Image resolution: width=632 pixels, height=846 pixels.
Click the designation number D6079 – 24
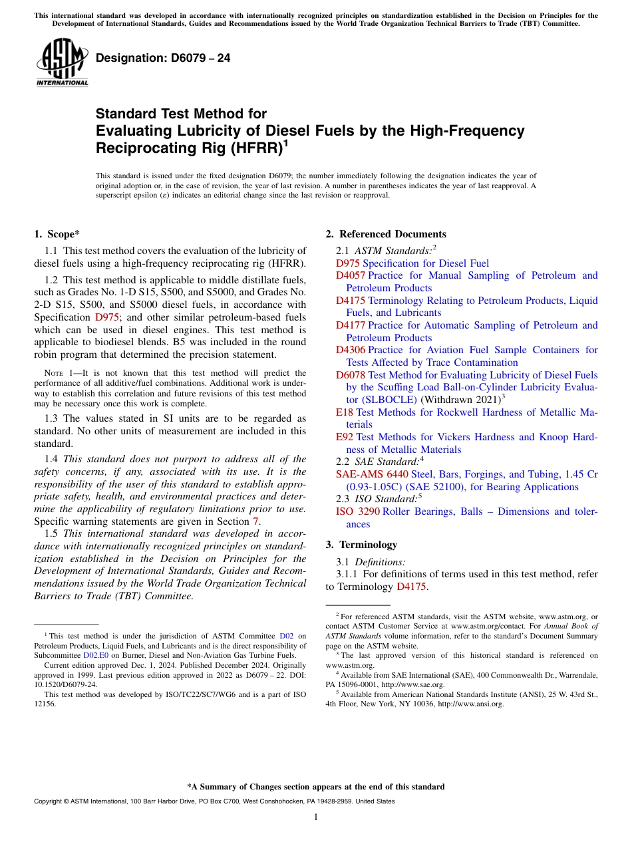[x=163, y=58]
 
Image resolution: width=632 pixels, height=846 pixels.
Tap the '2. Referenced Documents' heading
[x=386, y=234]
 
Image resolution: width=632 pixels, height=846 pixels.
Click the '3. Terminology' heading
[x=361, y=545]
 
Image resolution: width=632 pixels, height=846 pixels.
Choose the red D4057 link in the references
[x=350, y=275]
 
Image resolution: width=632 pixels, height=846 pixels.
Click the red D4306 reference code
[x=350, y=350]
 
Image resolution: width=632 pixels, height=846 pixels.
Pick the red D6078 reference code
[x=350, y=375]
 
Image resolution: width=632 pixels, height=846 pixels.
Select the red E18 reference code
[x=345, y=412]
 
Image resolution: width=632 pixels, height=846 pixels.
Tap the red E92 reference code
[x=345, y=437]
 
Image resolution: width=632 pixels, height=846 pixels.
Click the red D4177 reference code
[x=350, y=325]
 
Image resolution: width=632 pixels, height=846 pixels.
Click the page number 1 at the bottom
[x=316, y=817]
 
